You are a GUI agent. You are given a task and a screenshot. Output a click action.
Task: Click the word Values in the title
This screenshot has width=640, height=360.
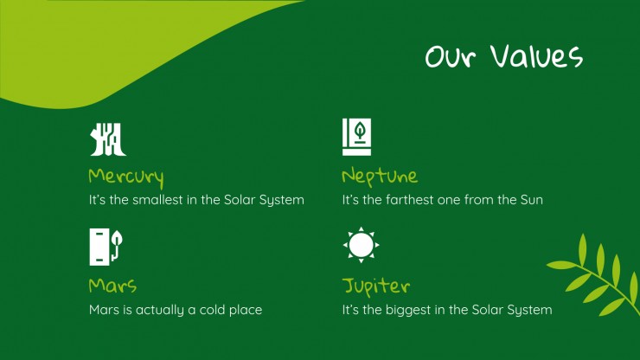click(536, 56)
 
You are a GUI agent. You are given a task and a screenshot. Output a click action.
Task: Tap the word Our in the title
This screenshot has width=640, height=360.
click(451, 56)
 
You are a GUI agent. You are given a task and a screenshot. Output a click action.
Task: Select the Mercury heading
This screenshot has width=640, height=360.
click(126, 177)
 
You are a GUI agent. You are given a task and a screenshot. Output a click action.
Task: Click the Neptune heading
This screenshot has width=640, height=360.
click(380, 177)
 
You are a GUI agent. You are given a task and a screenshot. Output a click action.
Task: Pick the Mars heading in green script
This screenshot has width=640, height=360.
click(112, 286)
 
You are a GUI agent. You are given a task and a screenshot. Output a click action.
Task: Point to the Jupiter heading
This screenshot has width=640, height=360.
click(376, 286)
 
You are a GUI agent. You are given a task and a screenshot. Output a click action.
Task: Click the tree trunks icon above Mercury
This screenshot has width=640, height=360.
click(108, 139)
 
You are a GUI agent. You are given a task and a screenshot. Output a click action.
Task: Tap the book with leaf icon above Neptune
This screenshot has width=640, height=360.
click(356, 137)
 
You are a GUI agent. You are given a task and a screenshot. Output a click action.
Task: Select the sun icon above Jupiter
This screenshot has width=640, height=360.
click(362, 245)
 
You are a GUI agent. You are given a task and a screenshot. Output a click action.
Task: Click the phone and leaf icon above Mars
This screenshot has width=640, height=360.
click(106, 247)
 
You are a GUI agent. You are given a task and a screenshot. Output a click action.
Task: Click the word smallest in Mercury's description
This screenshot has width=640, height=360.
click(157, 200)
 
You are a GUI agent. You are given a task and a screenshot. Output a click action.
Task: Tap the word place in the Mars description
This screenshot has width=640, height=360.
click(246, 310)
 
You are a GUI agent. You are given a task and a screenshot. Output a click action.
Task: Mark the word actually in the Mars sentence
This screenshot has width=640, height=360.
click(160, 310)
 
